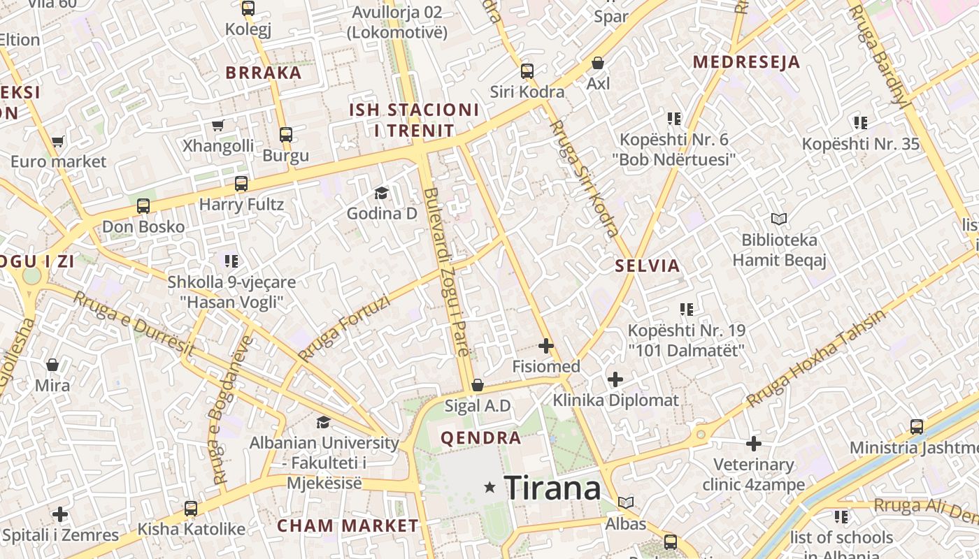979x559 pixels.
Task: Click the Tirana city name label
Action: [x=552, y=488]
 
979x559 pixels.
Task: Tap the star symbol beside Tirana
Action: [x=490, y=488]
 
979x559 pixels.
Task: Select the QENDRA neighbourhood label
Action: [x=481, y=438]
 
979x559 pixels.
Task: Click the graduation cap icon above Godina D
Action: [x=381, y=193]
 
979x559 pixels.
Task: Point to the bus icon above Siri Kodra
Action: [x=527, y=71]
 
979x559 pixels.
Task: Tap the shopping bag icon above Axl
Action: [x=598, y=64]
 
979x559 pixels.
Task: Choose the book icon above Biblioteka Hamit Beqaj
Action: [x=779, y=219]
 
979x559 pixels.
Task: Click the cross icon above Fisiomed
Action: [x=545, y=346]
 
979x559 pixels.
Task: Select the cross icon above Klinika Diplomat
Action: [x=615, y=379]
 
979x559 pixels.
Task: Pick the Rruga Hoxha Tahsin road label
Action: [x=816, y=358]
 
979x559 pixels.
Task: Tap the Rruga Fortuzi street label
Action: [x=343, y=328]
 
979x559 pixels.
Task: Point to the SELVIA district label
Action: [x=648, y=266]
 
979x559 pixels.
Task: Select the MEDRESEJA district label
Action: [x=746, y=61]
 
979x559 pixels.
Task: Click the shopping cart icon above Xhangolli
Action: [x=217, y=126]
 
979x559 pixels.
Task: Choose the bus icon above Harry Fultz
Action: [x=241, y=184]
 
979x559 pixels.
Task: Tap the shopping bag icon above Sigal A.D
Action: [x=478, y=385]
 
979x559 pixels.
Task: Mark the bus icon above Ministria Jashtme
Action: [x=917, y=427]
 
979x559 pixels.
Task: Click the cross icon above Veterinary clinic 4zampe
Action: [x=753, y=444]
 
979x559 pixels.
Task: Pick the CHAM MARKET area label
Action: [x=348, y=525]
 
